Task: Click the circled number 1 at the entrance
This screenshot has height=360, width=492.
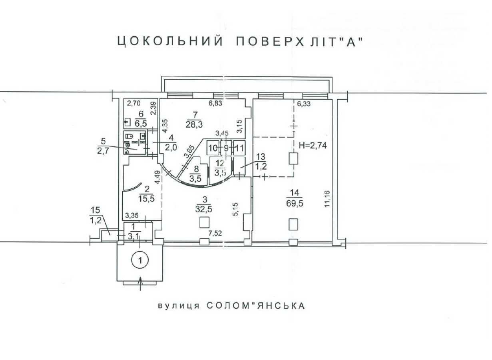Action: (140, 260)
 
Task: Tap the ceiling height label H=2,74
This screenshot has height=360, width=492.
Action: (313, 146)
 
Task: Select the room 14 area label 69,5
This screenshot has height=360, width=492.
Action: (295, 204)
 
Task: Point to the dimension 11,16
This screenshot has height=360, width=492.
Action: (327, 199)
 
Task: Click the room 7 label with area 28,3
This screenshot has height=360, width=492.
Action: (194, 120)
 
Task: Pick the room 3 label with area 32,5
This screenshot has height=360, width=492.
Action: (204, 204)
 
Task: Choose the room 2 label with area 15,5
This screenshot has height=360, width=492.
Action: (147, 194)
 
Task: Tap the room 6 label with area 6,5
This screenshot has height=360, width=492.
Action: (141, 119)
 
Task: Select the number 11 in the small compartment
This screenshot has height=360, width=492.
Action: (239, 148)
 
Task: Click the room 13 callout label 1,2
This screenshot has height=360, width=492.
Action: (261, 166)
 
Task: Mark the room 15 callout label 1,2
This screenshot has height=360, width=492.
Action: (96, 220)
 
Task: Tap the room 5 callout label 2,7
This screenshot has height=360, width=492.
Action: (103, 152)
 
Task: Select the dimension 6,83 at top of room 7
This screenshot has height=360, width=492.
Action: (215, 103)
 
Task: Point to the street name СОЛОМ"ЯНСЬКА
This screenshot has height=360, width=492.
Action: (256, 306)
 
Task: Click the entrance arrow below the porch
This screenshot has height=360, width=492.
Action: (140, 284)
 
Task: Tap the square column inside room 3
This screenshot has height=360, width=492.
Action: (204, 222)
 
